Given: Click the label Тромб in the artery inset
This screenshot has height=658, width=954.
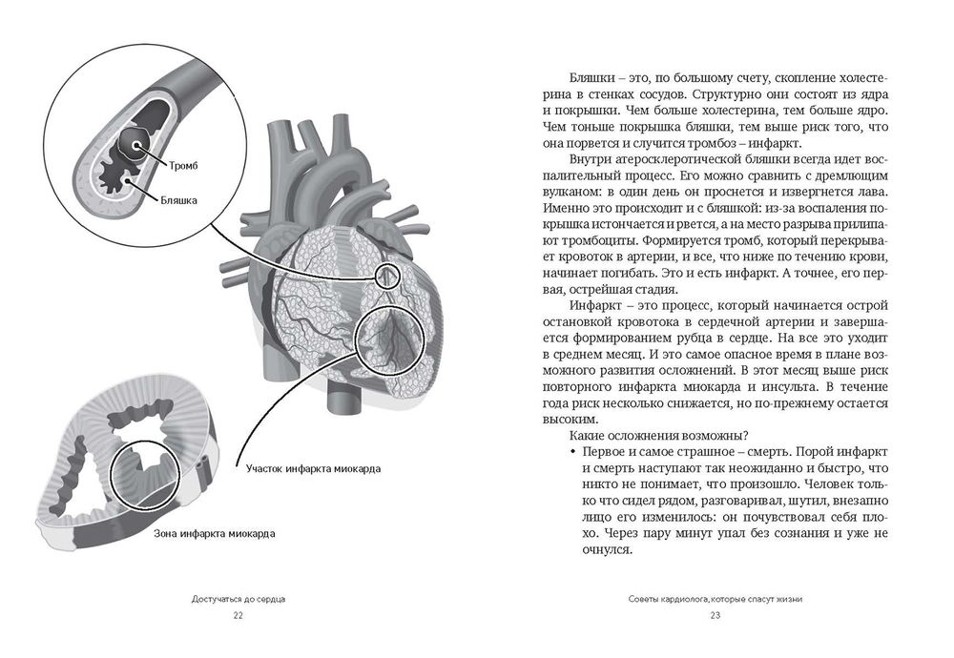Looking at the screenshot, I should click(x=183, y=167).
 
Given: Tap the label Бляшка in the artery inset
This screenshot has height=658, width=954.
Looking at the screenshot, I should click(x=178, y=201).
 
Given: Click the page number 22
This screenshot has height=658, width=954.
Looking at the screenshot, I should click(x=238, y=615).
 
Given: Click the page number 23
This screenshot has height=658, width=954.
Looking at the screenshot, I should click(x=715, y=615).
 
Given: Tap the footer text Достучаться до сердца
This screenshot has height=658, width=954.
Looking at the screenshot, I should click(x=238, y=598).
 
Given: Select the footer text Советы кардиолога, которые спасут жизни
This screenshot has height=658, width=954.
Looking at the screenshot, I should click(x=715, y=598).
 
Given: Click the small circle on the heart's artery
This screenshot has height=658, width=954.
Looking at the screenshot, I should click(x=386, y=277).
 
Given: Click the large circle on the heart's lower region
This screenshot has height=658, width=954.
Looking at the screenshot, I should click(x=389, y=340).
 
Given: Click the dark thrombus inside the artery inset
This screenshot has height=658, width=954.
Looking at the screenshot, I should click(x=134, y=146).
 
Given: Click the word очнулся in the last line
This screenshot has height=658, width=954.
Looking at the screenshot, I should click(x=608, y=550).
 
